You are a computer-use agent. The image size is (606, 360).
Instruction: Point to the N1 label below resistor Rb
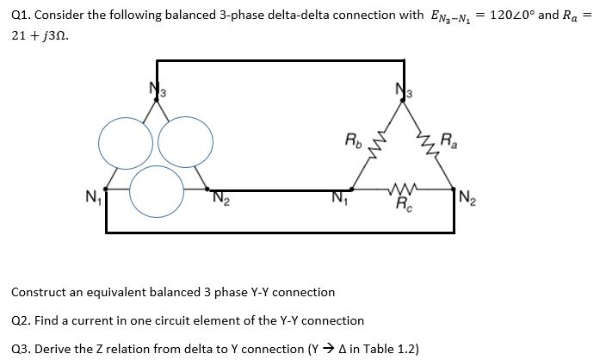[x=338, y=204]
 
